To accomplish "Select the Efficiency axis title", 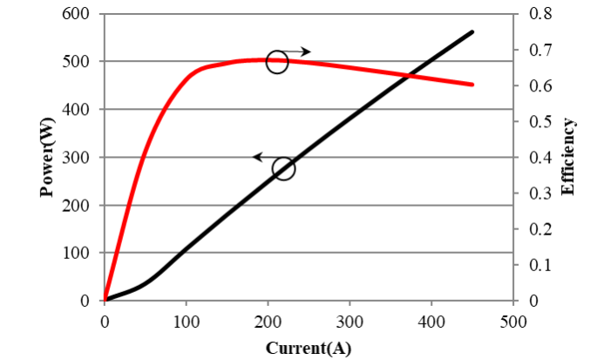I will tap(568, 158).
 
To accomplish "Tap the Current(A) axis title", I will tap(309, 348).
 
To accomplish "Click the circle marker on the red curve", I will tap(277, 62).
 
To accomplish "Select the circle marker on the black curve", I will tap(284, 168).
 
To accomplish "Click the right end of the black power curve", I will tap(472, 32).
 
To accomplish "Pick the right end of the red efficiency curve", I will tap(472, 85).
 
